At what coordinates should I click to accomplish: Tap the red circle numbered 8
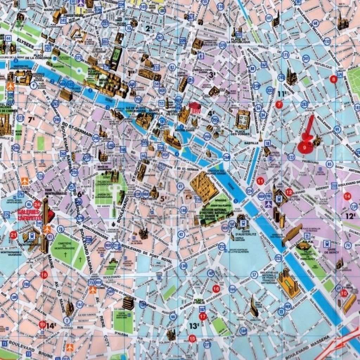(334, 79)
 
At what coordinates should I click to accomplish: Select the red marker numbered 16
(216, 289)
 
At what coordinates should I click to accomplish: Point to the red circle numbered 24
(38, 205)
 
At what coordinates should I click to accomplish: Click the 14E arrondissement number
(51, 326)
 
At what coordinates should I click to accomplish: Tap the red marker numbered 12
(289, 192)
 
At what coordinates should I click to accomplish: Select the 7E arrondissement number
(31, 120)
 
